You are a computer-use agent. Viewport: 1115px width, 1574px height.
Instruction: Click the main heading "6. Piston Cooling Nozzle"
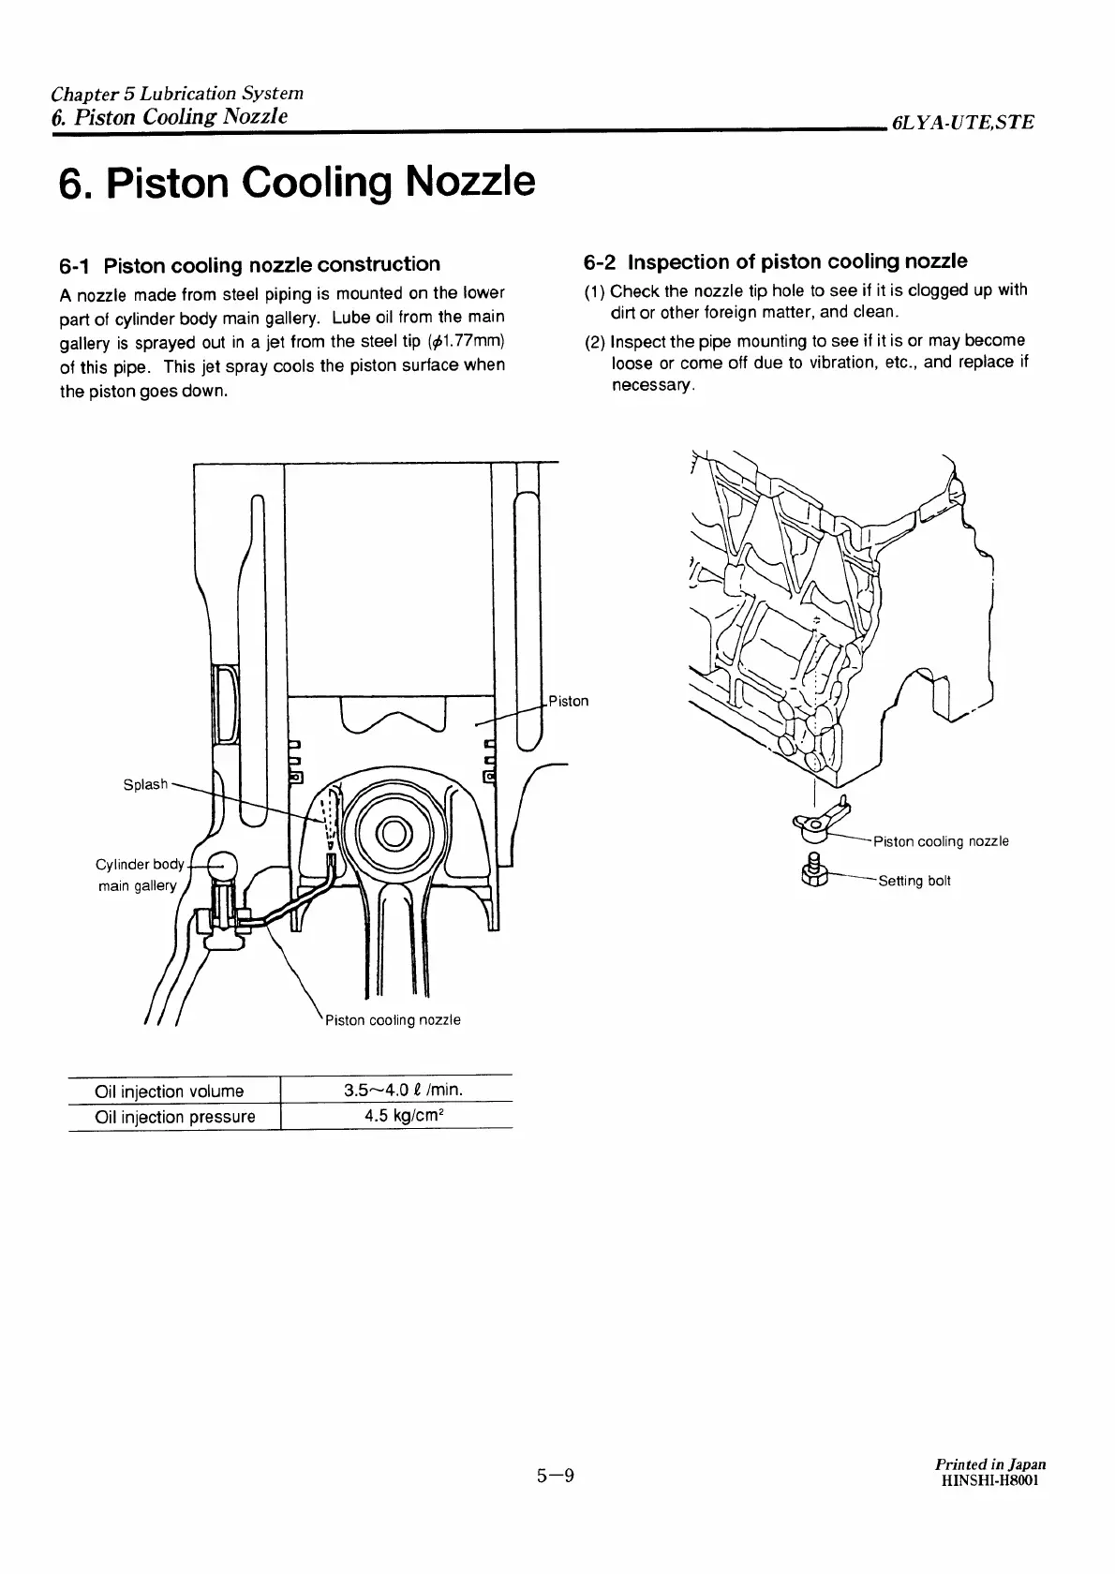[297, 183]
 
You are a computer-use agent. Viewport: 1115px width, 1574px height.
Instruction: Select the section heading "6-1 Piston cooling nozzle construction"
[249, 264]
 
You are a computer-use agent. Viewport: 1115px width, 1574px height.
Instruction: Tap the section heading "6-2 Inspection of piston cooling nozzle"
[775, 261]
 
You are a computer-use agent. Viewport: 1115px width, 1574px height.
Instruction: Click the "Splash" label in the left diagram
[145, 784]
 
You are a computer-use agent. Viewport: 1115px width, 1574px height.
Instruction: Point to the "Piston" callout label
[569, 701]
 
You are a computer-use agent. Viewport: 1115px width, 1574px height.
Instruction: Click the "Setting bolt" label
[914, 881]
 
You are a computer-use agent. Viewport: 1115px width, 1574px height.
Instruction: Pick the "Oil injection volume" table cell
[170, 1091]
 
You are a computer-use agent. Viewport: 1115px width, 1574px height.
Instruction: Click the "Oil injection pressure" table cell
[175, 1116]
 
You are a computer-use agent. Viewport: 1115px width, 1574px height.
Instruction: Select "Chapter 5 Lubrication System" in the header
[177, 94]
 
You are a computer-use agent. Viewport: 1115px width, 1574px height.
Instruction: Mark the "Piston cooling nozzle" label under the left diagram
[393, 1019]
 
